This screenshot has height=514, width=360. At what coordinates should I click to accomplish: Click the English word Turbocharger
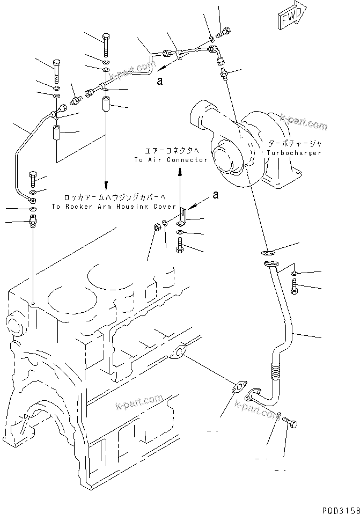click(293, 152)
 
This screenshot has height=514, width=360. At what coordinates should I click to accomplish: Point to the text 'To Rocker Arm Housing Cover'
click(114, 206)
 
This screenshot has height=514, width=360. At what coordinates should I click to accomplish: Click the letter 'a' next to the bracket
click(215, 195)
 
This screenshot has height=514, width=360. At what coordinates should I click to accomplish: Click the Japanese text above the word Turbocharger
click(293, 144)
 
